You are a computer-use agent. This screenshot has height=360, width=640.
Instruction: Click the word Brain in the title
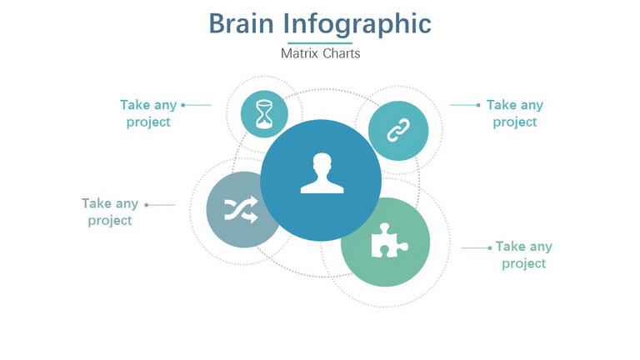pos(241,23)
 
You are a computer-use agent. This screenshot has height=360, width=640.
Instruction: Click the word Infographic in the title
pos(357,26)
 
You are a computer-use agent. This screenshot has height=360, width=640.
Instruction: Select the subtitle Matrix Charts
pos(320,53)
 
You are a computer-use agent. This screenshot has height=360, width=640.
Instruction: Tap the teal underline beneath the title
pos(320,42)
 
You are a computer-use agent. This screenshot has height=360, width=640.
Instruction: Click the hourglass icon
pos(264,114)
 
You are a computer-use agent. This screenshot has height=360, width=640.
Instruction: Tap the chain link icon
pos(398,131)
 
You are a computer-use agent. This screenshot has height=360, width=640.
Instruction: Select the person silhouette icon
pos(322,173)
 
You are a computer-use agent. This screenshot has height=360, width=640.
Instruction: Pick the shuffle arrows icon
pos(241,209)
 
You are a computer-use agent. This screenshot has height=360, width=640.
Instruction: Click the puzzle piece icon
pos(389,241)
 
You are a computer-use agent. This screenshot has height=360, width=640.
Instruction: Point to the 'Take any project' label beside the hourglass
pos(148,113)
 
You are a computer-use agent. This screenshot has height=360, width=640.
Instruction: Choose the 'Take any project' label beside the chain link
pos(515,113)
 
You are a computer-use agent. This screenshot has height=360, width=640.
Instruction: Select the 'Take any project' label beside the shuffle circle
pos(110,212)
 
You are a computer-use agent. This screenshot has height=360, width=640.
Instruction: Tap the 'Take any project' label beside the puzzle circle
pos(524,255)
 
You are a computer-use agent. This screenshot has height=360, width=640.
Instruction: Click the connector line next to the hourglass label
pos(197,105)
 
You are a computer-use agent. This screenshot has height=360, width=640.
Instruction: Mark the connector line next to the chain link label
pos(465,105)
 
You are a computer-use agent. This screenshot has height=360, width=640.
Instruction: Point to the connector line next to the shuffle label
pos(160,205)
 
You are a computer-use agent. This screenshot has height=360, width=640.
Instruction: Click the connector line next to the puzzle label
pos(477,247)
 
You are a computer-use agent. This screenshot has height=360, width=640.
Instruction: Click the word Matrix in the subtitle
pos(300,53)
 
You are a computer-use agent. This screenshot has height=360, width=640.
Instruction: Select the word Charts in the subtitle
pos(342,53)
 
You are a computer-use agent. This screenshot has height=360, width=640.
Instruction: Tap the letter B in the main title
pos(217,23)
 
